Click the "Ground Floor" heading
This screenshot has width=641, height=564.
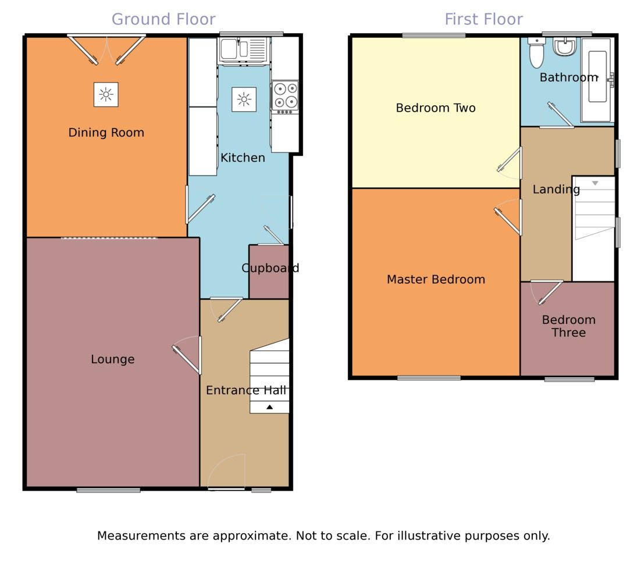click(163, 19)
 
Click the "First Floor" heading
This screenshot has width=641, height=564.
click(483, 19)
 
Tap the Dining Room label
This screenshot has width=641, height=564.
click(106, 133)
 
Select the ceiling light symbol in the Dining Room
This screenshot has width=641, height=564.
click(106, 94)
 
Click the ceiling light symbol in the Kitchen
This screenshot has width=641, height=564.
click(244, 99)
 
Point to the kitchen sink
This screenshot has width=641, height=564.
click(243, 49)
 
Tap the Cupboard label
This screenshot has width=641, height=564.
click(270, 268)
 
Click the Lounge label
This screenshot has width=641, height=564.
click(112, 359)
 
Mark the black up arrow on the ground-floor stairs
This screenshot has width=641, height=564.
click(269, 407)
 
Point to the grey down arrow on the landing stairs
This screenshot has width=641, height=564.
click(595, 183)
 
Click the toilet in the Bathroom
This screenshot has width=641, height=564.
click(536, 53)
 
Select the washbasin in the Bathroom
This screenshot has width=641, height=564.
click(565, 46)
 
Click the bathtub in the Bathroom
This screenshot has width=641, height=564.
click(597, 80)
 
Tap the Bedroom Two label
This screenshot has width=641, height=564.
click(436, 108)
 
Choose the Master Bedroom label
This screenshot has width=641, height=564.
click(436, 280)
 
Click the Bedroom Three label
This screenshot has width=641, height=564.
click(569, 326)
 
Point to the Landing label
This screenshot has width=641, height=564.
click(556, 189)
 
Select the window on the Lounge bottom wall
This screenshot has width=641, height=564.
click(108, 490)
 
